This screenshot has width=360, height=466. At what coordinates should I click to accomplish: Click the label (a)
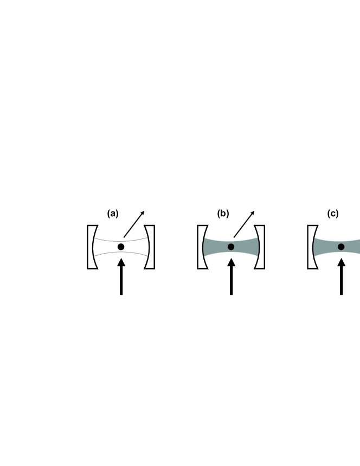point(113,213)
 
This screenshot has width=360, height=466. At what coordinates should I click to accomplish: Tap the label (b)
point(223,213)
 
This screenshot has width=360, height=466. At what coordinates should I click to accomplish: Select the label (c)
point(333,213)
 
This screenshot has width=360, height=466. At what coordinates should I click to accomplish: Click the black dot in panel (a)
point(121,247)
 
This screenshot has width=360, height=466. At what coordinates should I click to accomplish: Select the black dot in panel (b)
point(231,247)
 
